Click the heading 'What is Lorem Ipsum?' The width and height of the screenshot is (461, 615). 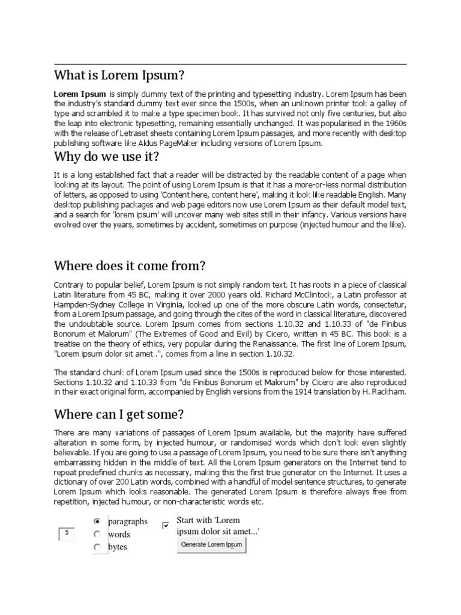point(119,76)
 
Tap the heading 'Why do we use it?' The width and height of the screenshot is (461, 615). point(106,157)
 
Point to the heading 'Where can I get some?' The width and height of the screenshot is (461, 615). point(119,414)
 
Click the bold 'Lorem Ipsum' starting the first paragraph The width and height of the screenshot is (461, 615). point(80,94)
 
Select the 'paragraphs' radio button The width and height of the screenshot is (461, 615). point(97,521)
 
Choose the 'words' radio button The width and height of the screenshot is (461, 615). point(97,534)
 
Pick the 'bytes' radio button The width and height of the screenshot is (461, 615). point(97,547)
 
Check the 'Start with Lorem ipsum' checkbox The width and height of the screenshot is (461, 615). point(166,526)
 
